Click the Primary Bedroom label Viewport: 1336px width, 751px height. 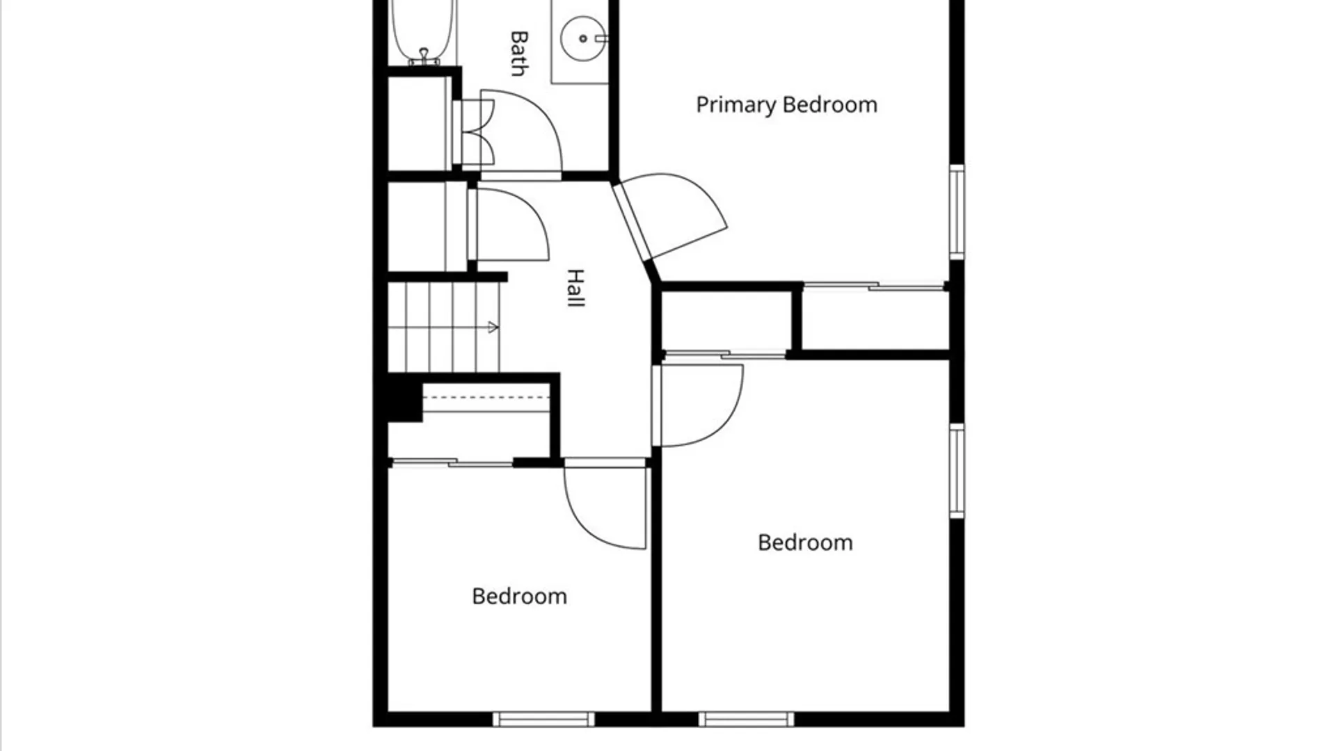(x=786, y=105)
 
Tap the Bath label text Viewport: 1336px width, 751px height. (x=519, y=53)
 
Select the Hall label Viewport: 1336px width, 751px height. (x=575, y=288)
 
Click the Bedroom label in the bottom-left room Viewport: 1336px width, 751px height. (x=519, y=596)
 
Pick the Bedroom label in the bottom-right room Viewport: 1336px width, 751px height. (x=805, y=542)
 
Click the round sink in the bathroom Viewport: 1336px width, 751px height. (x=583, y=38)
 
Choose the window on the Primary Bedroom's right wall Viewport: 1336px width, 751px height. (x=957, y=212)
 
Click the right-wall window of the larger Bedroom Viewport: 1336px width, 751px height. (x=957, y=471)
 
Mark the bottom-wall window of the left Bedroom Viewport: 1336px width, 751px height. (x=543, y=719)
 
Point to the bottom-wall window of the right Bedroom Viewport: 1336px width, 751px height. (x=747, y=719)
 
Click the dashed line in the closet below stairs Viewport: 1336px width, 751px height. (x=486, y=398)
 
